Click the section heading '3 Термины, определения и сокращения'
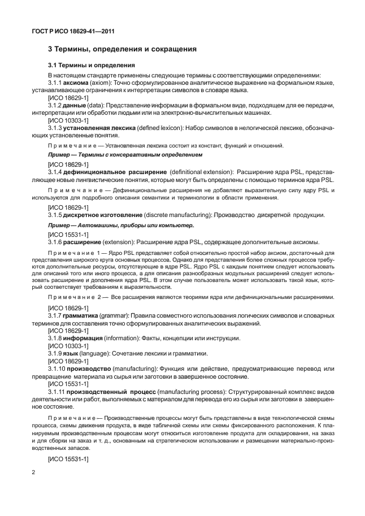[x=122, y=49]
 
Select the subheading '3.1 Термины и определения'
[x=91, y=66]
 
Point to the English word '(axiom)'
[x=104, y=82]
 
